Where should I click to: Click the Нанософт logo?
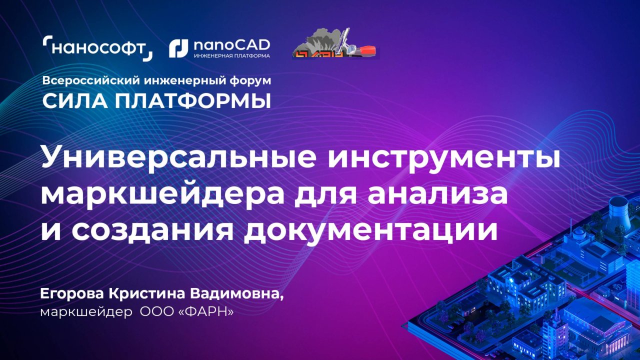pyautogui.click(x=97, y=48)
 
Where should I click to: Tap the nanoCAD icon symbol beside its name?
pyautogui.click(x=178, y=48)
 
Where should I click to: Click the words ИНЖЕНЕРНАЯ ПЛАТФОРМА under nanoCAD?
pyautogui.click(x=231, y=55)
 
